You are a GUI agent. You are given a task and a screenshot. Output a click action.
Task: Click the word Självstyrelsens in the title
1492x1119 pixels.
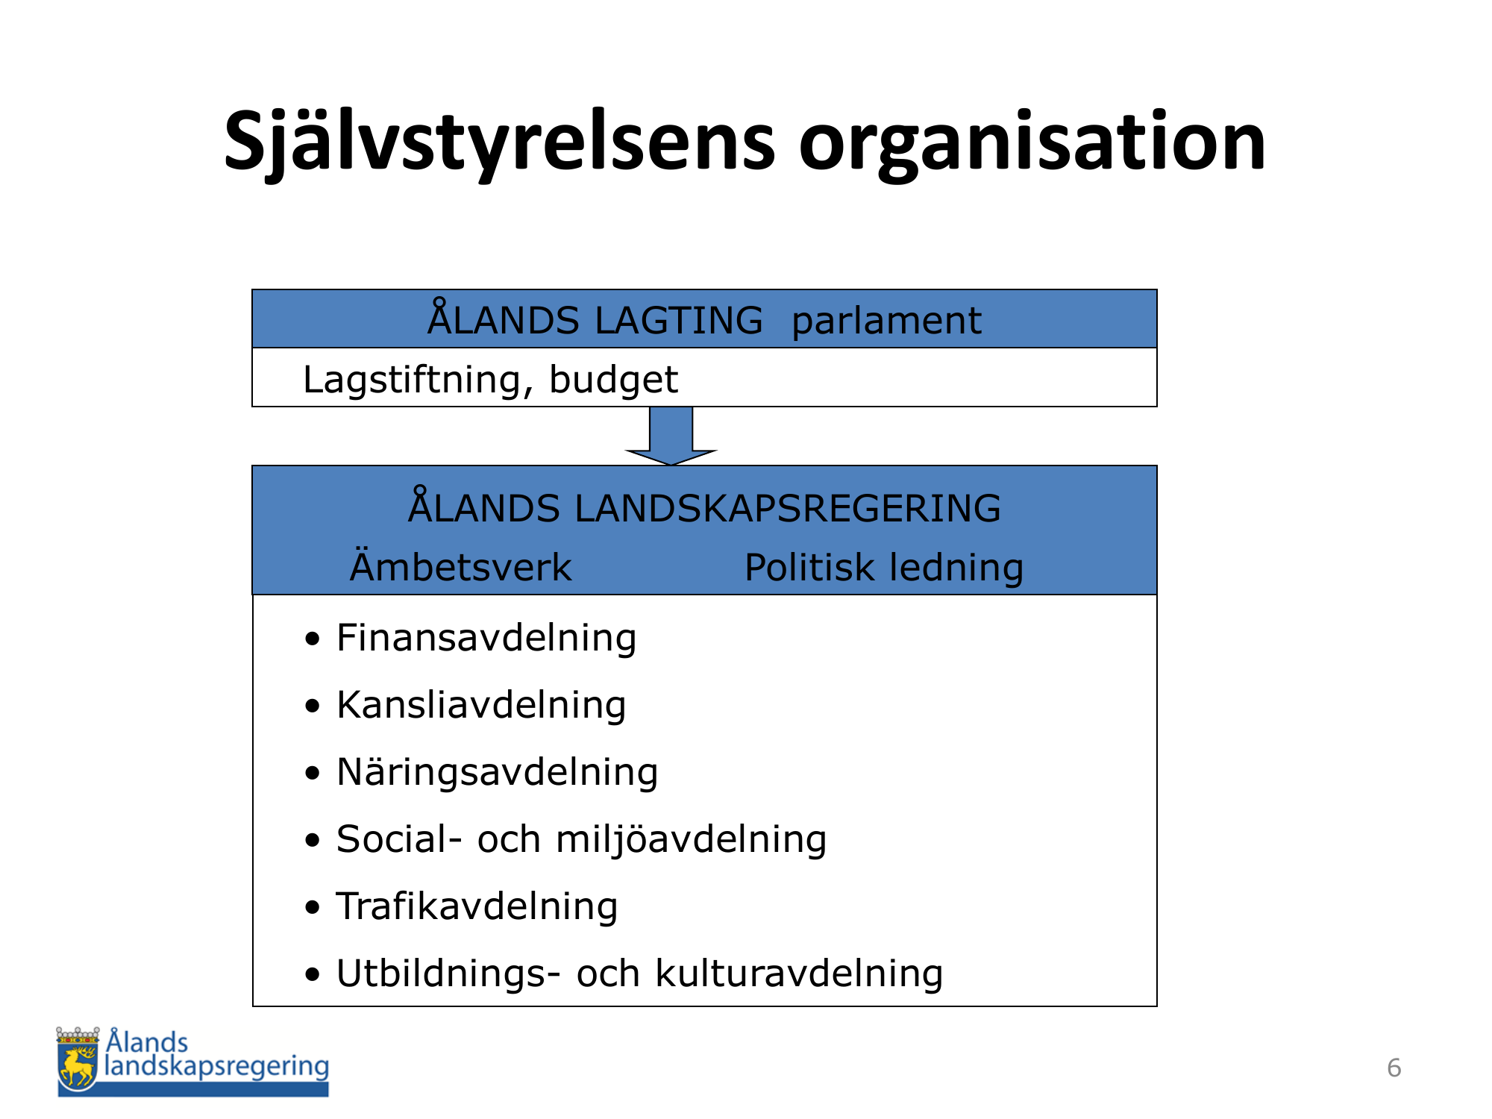[x=500, y=144]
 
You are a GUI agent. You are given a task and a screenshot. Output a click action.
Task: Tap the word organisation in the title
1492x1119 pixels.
[x=1032, y=142]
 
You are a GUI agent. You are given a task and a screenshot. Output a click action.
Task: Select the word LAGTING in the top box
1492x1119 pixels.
[x=679, y=321]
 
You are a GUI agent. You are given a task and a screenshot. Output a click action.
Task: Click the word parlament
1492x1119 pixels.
[x=886, y=322]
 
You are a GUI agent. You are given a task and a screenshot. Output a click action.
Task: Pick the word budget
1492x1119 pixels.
[x=613, y=380]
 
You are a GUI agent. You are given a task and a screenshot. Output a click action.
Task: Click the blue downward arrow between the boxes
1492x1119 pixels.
[x=671, y=436]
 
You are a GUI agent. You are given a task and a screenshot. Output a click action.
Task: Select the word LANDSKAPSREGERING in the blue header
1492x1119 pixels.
[x=787, y=509]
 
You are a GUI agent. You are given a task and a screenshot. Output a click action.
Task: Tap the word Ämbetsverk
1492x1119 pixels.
[x=460, y=566]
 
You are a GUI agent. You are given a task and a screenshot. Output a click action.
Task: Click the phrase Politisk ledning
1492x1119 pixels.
[x=884, y=568]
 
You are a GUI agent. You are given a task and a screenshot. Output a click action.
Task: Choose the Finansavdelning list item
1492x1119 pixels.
[x=486, y=639]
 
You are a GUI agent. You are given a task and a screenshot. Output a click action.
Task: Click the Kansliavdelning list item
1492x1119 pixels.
[x=481, y=706]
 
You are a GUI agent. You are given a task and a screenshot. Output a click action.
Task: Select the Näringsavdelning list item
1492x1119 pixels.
[x=498, y=773]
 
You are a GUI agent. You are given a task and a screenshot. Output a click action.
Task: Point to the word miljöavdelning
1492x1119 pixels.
[x=691, y=840]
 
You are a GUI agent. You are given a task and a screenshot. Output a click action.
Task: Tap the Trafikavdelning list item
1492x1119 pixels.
[x=477, y=907]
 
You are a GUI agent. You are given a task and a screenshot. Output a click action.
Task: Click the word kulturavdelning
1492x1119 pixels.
[x=799, y=974]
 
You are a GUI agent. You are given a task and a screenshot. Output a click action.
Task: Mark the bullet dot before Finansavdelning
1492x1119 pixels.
[x=313, y=639]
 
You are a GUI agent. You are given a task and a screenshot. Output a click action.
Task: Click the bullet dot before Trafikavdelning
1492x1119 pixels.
[x=313, y=908]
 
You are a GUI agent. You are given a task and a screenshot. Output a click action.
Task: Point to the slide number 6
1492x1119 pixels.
[x=1394, y=1068]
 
